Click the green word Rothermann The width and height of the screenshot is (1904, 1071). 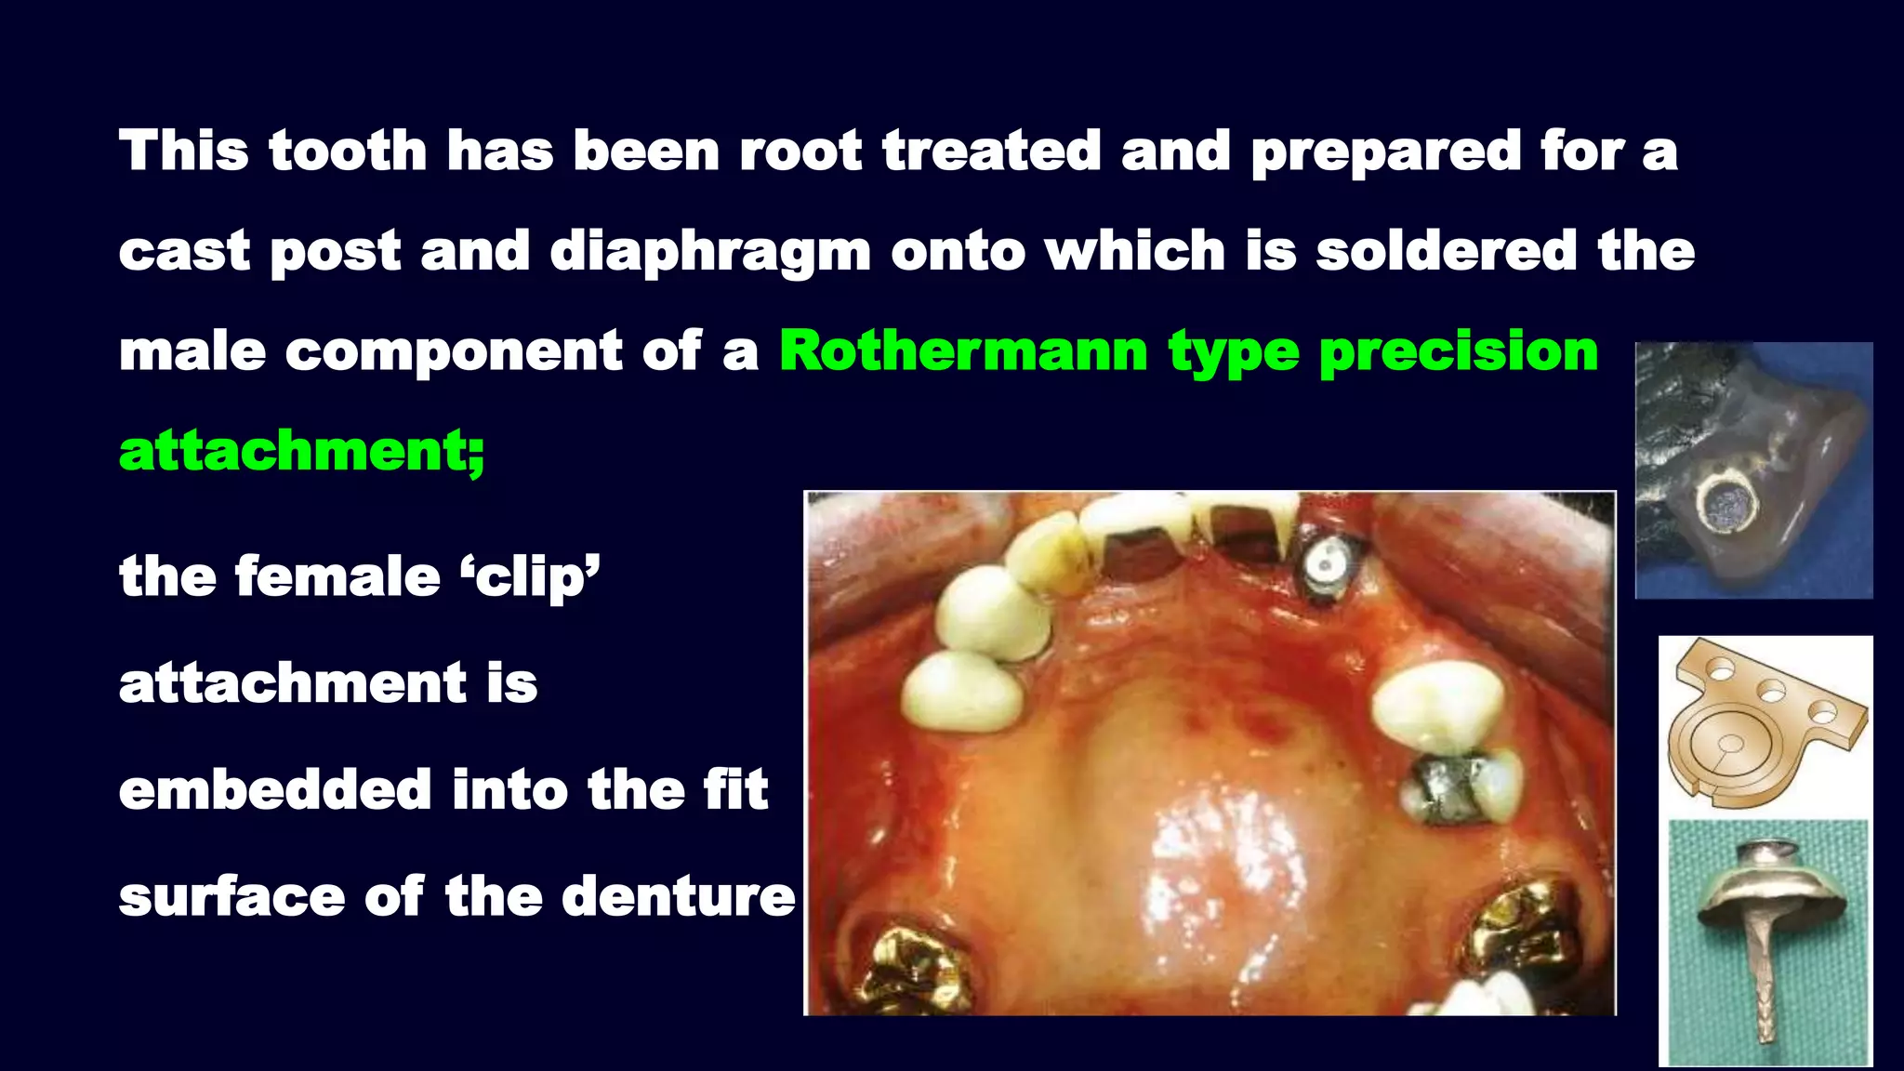tap(963, 351)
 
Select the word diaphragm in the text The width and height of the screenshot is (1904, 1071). tap(710, 253)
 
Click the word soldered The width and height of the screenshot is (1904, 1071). tap(1447, 251)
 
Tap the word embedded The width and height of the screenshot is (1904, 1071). tap(275, 790)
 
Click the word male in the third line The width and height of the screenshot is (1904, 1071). tap(192, 351)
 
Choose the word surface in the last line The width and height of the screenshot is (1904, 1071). tap(231, 897)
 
